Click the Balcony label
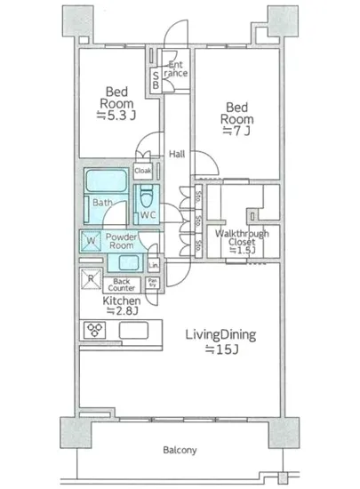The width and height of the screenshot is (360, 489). coord(180,450)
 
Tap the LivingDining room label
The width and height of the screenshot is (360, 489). coord(220,342)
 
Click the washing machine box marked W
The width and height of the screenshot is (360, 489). coord(90,240)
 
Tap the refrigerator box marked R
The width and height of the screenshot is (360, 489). coord(91,280)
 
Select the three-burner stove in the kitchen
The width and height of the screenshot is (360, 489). coord(95,330)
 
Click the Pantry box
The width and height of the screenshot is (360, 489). coord(153,285)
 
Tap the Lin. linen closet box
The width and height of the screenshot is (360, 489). coord(154,265)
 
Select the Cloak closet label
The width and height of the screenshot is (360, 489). coord(142,171)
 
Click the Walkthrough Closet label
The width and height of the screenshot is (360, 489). coord(236,242)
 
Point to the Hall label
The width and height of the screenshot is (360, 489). coord(178,152)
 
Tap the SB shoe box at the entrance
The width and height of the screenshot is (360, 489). coord(156,80)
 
